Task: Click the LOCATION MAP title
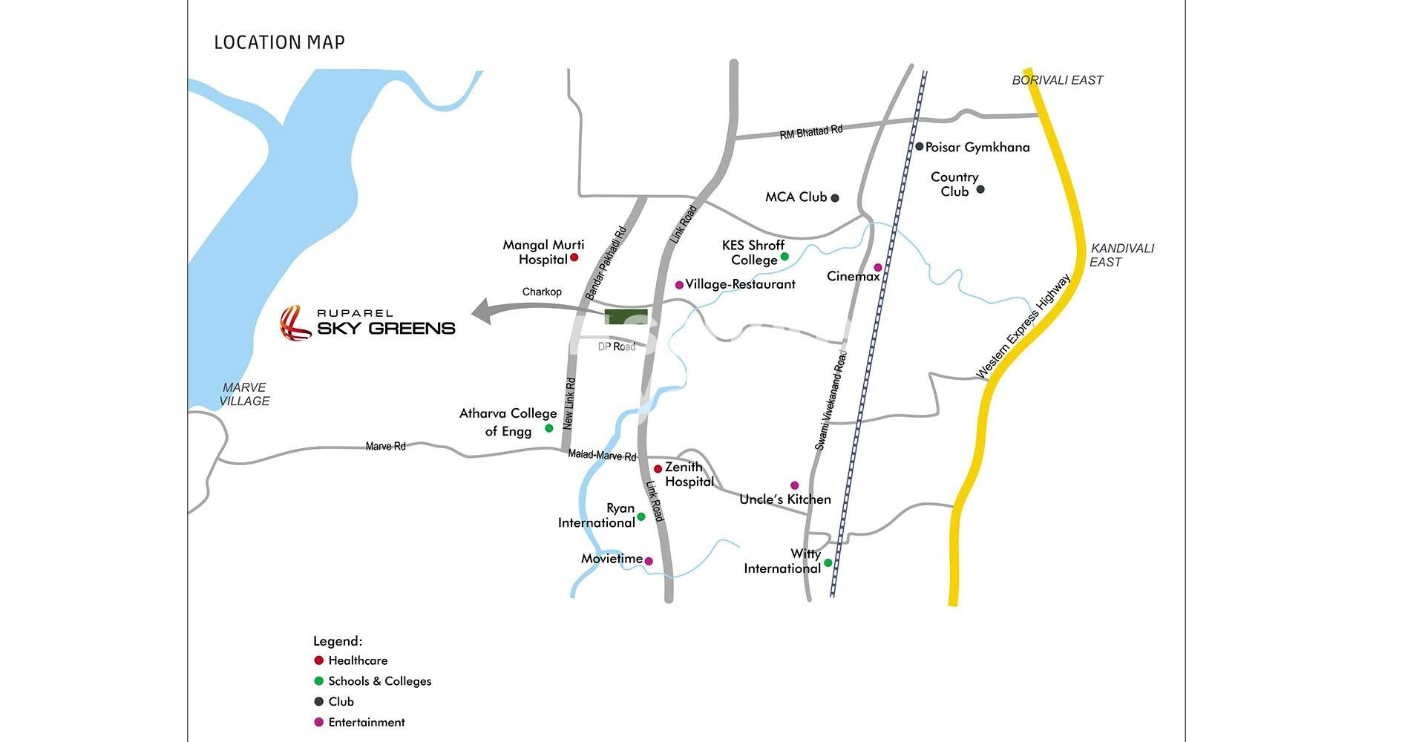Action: pyautogui.click(x=279, y=42)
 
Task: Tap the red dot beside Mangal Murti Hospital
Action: pyautogui.click(x=574, y=257)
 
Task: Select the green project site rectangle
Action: pyautogui.click(x=626, y=318)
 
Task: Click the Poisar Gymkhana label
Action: pyautogui.click(x=977, y=147)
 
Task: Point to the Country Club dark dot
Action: pyautogui.click(x=980, y=190)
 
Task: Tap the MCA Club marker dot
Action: pyautogui.click(x=835, y=197)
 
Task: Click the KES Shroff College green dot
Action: pyautogui.click(x=784, y=257)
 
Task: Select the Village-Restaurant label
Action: pyautogui.click(x=740, y=284)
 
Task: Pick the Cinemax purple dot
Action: pyautogui.click(x=878, y=267)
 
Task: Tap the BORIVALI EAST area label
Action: pyautogui.click(x=1058, y=80)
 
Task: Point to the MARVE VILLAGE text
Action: pyautogui.click(x=244, y=394)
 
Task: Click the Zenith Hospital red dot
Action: pyautogui.click(x=658, y=469)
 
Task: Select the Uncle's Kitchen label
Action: pyautogui.click(x=784, y=499)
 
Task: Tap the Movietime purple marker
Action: pyautogui.click(x=649, y=561)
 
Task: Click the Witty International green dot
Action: pyautogui.click(x=828, y=562)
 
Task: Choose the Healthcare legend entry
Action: pyautogui.click(x=357, y=660)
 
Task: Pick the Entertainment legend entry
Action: pyautogui.click(x=366, y=722)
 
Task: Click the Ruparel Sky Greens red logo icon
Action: pyautogui.click(x=295, y=323)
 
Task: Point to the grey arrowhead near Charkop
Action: pyautogui.click(x=484, y=312)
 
